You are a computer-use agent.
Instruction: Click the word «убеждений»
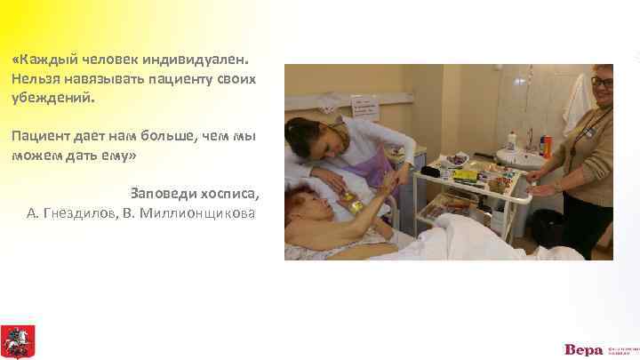(52, 98)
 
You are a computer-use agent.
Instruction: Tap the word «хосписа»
(229, 193)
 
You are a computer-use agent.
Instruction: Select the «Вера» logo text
(583, 348)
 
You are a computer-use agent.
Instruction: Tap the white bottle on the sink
(512, 140)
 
